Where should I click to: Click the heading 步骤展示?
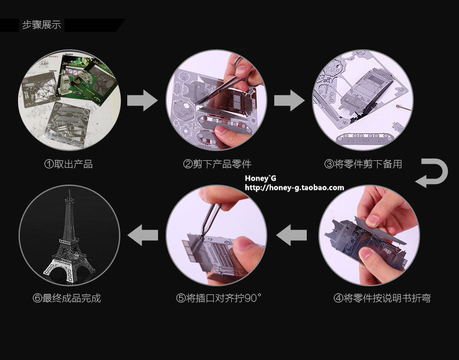point(41,25)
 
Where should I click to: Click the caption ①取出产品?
point(69,164)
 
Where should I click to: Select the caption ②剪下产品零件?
point(217,164)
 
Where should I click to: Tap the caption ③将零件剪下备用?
point(363,164)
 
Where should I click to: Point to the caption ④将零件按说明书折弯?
point(382,298)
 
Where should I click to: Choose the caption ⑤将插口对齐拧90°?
point(219,298)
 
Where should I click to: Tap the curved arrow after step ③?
point(432,173)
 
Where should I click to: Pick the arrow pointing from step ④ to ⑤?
point(291,235)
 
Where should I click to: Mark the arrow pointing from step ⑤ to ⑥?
point(142,235)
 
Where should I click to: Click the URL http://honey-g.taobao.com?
point(295,188)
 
